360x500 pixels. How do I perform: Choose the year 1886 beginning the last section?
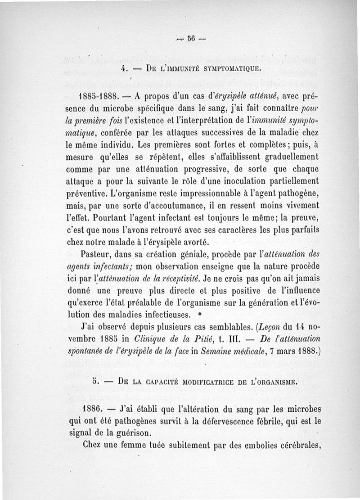pos(94,410)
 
